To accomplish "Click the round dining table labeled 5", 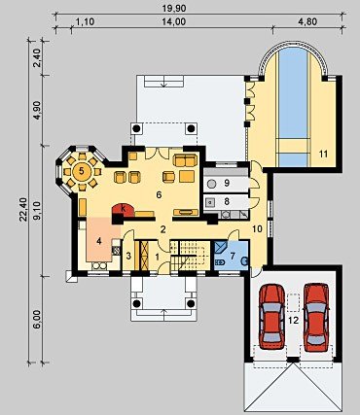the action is [82, 171].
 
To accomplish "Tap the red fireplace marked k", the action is [123, 210].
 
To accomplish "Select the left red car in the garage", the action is [272, 317].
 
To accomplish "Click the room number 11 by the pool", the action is [323, 154].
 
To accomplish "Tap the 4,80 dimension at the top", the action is [306, 21].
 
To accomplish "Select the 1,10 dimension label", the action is [85, 21].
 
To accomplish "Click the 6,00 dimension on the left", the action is [38, 319].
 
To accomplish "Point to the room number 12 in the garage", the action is [293, 321].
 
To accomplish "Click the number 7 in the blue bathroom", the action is [233, 256].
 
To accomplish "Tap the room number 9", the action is [227, 184].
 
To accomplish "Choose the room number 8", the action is [227, 201].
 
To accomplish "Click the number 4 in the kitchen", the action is [99, 241].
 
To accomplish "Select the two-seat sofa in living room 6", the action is [185, 160].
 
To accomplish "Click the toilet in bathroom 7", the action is [219, 262].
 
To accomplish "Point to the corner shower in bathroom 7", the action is [221, 247].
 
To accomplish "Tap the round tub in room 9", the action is [211, 184].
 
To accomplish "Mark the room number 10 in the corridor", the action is [257, 228].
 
